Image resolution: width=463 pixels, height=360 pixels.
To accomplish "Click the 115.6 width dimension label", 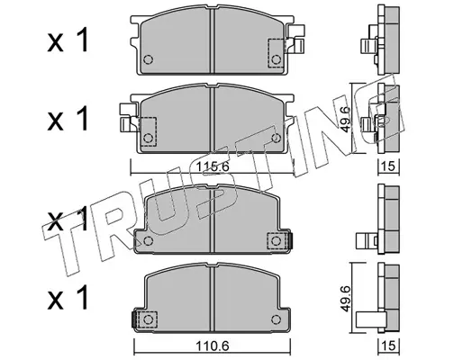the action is (213, 166).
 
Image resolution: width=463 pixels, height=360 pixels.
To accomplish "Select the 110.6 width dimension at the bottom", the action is (213, 346).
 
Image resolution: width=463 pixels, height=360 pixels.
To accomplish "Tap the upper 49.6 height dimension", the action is (346, 119).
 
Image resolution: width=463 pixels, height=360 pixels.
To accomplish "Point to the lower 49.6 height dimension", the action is (346, 299).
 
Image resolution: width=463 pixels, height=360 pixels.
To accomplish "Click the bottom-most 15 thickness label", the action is (389, 346).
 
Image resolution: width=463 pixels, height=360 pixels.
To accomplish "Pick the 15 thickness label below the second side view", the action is (389, 166).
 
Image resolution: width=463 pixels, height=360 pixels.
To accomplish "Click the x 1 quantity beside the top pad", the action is (68, 40).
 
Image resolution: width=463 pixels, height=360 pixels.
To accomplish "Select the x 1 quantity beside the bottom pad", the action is (68, 298).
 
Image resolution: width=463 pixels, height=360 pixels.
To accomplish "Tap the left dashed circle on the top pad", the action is (148, 59).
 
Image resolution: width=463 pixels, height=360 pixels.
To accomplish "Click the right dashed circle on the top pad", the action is (276, 59).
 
